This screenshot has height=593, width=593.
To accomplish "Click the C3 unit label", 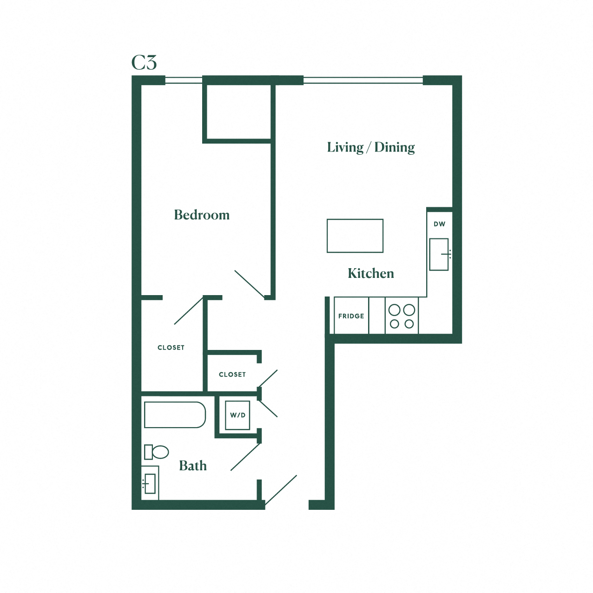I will (144, 63).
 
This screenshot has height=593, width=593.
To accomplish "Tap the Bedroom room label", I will (202, 215).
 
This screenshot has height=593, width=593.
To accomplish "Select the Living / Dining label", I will (371, 147).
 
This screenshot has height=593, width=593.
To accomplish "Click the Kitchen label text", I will (371, 273).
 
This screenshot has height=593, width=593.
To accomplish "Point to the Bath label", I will (193, 466).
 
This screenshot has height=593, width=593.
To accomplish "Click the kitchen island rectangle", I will (355, 236).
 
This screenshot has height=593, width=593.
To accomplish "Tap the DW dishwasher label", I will (440, 224).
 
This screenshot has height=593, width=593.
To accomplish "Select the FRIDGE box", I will (351, 316).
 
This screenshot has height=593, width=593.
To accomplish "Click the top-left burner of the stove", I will (395, 310).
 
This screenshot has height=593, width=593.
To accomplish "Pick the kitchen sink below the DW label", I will (439, 254).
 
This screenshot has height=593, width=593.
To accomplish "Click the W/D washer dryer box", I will (237, 415).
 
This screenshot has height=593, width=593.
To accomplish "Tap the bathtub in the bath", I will (175, 415).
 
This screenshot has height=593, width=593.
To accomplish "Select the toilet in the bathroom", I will (157, 452).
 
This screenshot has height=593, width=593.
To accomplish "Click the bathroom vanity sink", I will (150, 484).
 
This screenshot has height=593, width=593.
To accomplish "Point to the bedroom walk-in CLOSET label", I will (171, 348).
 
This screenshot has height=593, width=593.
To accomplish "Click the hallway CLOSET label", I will (232, 375).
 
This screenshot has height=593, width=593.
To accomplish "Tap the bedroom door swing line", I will (250, 284).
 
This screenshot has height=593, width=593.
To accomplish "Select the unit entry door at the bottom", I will (281, 490).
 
